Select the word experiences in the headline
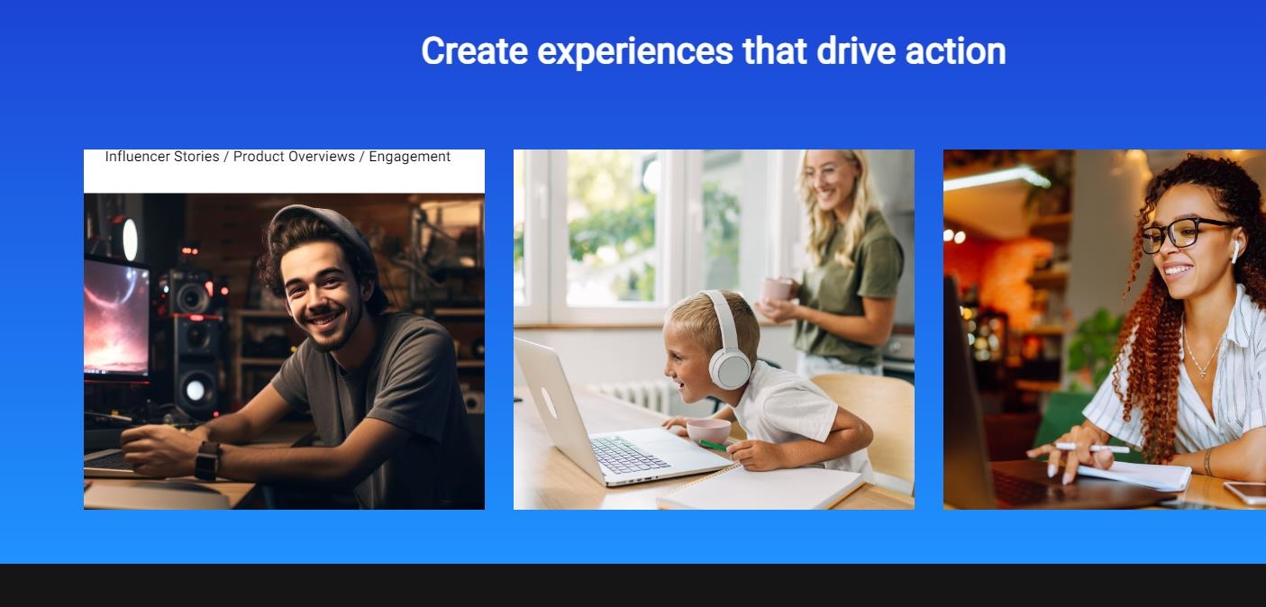(634, 52)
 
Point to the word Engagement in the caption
(410, 157)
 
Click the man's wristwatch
(208, 460)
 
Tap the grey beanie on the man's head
(331, 237)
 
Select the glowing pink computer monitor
(116, 317)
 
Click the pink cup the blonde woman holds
(778, 290)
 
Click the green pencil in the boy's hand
(714, 446)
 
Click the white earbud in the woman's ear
(1235, 251)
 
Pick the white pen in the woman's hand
(1092, 448)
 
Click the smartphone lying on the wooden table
(1245, 493)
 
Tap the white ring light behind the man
(130, 240)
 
